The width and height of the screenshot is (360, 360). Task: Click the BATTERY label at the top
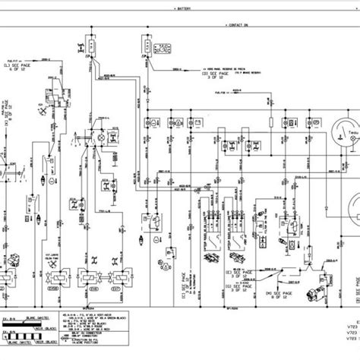point(185,9)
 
